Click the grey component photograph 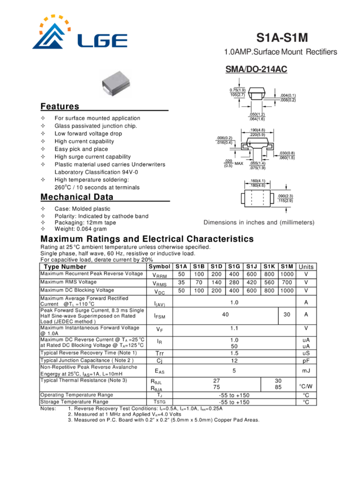point(116,83)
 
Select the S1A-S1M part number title point(282,38)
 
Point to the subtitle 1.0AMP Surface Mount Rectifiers point(281,53)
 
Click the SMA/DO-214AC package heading point(257,70)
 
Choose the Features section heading point(60,107)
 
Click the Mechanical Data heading point(77,198)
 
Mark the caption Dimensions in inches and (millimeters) point(258,222)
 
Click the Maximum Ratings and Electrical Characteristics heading point(147,239)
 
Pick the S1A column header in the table point(181,267)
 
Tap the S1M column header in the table point(287,267)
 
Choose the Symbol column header point(159,267)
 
